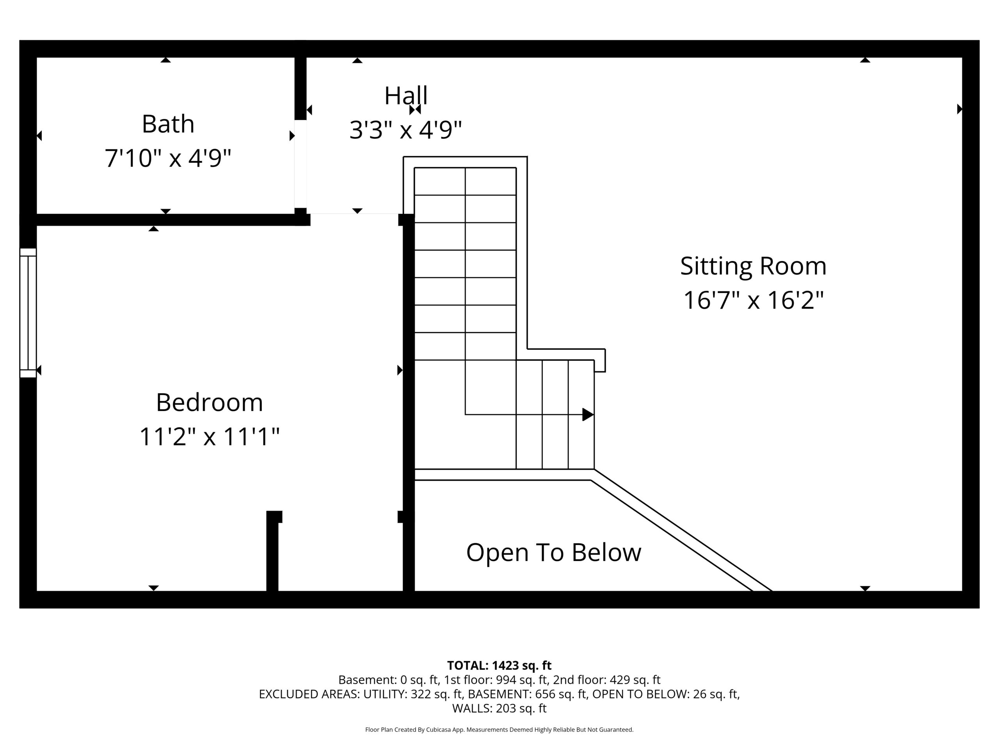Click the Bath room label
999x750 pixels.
click(168, 124)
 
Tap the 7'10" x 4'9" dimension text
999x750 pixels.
click(168, 158)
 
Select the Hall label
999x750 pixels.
click(405, 95)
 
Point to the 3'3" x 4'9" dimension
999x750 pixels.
click(405, 130)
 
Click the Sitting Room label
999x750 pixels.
click(753, 266)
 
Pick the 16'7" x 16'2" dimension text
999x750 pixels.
click(753, 300)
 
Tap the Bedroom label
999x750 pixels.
click(210, 402)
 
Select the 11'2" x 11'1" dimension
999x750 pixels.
click(210, 437)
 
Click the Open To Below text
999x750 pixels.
click(554, 552)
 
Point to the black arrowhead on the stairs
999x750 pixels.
click(588, 414)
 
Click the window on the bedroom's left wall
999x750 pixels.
click(28, 313)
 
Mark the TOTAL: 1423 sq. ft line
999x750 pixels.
click(499, 666)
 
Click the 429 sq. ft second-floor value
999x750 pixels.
click(635, 680)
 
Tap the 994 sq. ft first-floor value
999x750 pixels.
click(521, 680)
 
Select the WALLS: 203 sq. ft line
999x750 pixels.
click(499, 709)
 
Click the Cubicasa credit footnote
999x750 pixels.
click(499, 730)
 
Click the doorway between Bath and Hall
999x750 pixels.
click(300, 164)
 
